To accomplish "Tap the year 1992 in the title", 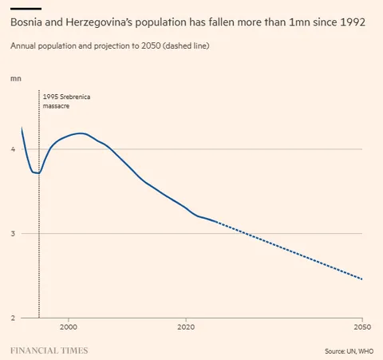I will pyautogui.click(x=352, y=23).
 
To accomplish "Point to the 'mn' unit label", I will pyautogui.click(x=15, y=78).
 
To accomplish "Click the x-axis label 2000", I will pyautogui.click(x=69, y=327).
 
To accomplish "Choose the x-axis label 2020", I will pyautogui.click(x=186, y=327).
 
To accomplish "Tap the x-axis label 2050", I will pyautogui.click(x=362, y=327).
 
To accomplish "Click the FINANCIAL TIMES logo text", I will pyautogui.click(x=49, y=350).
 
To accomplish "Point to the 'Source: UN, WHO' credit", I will pyautogui.click(x=348, y=350).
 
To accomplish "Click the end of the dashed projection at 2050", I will pyautogui.click(x=362, y=279).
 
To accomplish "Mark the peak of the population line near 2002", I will pyautogui.click(x=80, y=133).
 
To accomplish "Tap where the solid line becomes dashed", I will pyautogui.click(x=216, y=222).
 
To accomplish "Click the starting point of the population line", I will pyautogui.click(x=22, y=128).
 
